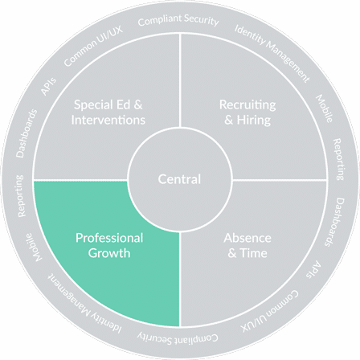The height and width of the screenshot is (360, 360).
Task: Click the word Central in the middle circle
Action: click(179, 179)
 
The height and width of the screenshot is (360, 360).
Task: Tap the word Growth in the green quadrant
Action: click(109, 253)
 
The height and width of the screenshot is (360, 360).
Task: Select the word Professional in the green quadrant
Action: click(109, 238)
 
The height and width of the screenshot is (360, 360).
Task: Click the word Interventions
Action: click(108, 120)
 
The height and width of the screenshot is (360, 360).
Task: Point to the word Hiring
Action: click(254, 120)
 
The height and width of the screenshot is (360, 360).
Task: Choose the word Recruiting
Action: click(247, 104)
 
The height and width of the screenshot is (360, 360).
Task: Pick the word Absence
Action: click(247, 238)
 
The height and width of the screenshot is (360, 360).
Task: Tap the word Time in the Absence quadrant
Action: click(253, 253)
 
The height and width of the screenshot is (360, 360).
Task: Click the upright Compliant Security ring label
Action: click(178, 20)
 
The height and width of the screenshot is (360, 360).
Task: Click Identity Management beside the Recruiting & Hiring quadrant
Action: click(272, 53)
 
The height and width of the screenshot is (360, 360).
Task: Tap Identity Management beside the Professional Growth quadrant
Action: click(85, 304)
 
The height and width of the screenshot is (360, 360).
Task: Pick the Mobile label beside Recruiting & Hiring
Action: click(325, 108)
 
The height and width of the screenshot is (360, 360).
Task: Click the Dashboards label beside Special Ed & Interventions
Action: click(27, 133)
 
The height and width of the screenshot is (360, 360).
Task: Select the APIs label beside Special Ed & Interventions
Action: click(49, 86)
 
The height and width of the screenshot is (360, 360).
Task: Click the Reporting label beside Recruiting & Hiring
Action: click(338, 159)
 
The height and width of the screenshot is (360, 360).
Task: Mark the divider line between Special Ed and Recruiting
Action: click(180, 80)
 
